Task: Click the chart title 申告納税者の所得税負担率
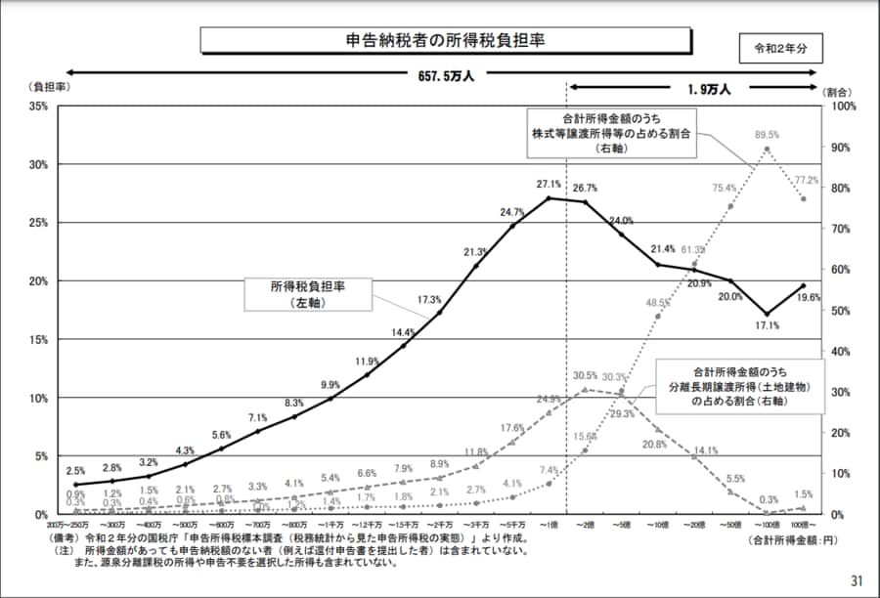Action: pos(445,40)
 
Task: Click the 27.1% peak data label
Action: pos(549,184)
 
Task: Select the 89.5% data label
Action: pos(767,135)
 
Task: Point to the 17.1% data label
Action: pos(768,325)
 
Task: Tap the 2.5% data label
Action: pos(75,471)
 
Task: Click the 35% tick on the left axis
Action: pos(40,106)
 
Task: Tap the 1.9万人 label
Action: pos(711,89)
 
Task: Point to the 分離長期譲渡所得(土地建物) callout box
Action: pos(737,387)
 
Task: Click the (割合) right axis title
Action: pos(840,89)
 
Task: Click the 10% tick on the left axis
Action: pos(38,399)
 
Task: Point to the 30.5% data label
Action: pos(585,376)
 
